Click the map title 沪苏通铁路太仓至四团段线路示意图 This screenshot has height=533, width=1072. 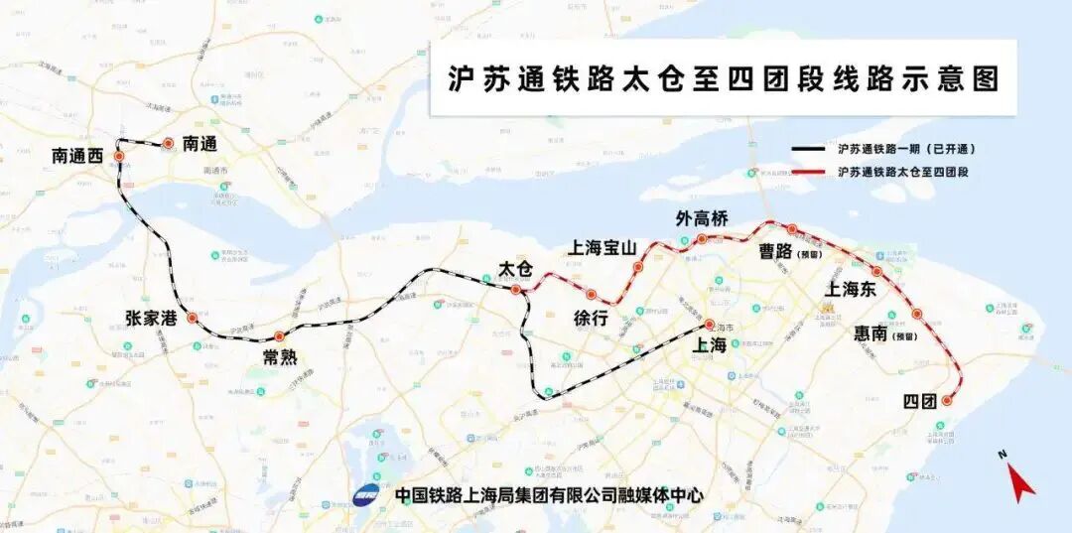pos(722,78)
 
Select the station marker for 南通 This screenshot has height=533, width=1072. pos(169,144)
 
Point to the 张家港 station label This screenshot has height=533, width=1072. pos(152,319)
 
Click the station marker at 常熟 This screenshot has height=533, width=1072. pos(279,335)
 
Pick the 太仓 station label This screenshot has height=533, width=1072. pos(515,269)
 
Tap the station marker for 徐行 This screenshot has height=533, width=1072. pos(591,294)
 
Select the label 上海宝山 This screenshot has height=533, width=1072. pos(603,248)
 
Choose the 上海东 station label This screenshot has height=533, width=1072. pos(851,289)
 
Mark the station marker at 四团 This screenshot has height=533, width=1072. pos(947,401)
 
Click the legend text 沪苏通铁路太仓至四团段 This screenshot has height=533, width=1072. pos(902,172)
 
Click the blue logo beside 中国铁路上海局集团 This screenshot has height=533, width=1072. pos(367,493)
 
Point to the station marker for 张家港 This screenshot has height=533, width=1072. pos(192,319)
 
